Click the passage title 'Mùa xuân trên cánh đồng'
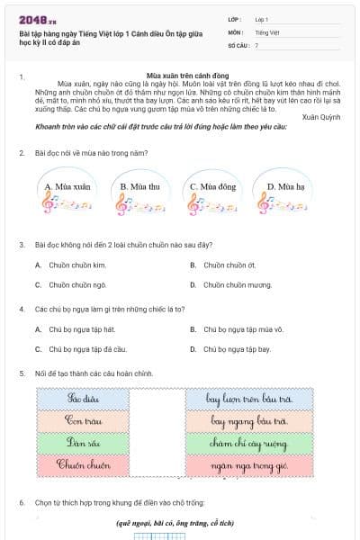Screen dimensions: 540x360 [x=181, y=76]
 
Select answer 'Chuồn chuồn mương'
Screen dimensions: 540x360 [x=237, y=284]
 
